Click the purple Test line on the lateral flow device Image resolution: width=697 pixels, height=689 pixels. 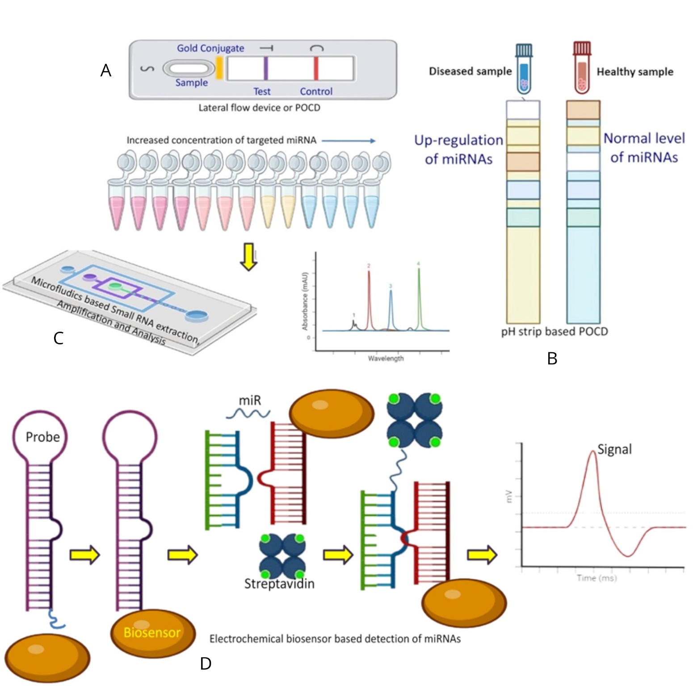pos(265,68)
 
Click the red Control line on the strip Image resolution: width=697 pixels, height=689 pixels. pos(316,68)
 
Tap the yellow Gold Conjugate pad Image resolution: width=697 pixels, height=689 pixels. pos(219,68)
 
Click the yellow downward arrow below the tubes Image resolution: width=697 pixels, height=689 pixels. pos(248,257)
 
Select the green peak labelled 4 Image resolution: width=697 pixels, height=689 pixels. pos(419,295)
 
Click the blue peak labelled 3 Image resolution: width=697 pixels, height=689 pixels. pos(391,308)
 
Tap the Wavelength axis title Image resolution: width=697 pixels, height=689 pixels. pos(386,358)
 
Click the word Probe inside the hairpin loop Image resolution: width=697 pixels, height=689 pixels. pos(42,437)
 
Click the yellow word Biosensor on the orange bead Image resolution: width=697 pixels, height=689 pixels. pos(152,632)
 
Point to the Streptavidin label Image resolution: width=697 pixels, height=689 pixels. pos(279,584)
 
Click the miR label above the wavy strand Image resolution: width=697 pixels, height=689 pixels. pos(250,401)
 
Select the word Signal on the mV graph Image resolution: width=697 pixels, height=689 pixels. pos(615,449)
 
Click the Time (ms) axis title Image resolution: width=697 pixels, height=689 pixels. pos(596,578)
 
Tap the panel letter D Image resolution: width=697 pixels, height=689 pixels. pos(206,664)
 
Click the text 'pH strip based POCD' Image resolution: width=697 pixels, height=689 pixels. pos(554,331)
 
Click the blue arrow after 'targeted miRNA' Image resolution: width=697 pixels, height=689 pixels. pos(348,141)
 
